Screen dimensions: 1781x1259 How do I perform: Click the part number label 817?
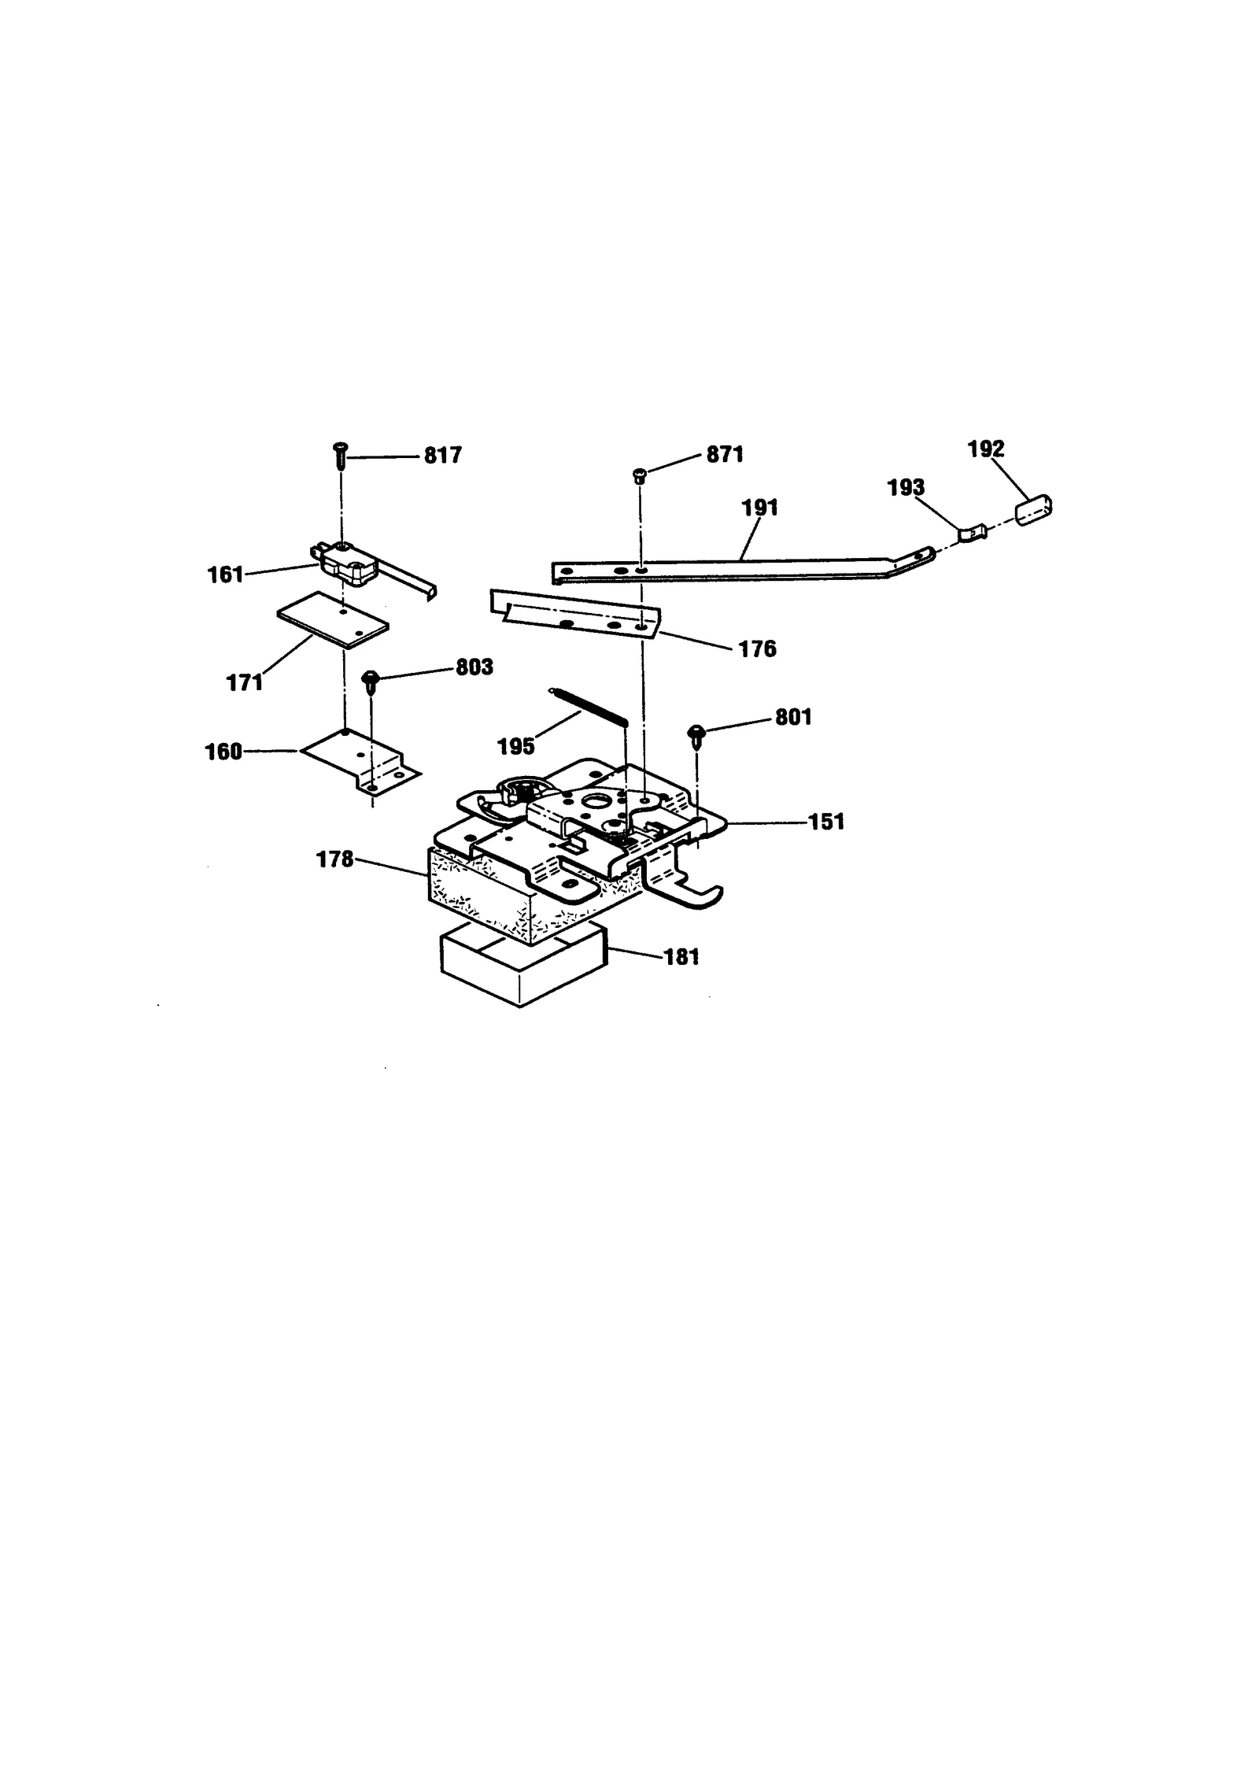(x=442, y=456)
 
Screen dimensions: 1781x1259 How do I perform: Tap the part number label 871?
(x=724, y=455)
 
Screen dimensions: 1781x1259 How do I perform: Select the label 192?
(x=985, y=449)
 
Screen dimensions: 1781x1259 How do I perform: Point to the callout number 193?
(x=905, y=488)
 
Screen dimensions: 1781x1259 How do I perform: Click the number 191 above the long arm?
(x=759, y=508)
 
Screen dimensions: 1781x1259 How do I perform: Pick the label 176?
(x=757, y=649)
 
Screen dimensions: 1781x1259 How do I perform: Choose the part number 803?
(x=474, y=667)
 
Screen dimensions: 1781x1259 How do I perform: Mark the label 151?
(x=826, y=822)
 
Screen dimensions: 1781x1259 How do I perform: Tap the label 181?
(x=681, y=957)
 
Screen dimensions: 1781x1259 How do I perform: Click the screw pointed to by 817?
(x=342, y=455)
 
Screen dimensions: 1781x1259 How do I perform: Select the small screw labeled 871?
(x=639, y=475)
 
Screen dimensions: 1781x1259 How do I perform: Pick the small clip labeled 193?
(x=971, y=534)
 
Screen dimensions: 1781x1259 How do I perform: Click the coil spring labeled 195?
(x=589, y=706)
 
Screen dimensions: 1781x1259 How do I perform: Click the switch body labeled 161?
(x=348, y=563)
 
